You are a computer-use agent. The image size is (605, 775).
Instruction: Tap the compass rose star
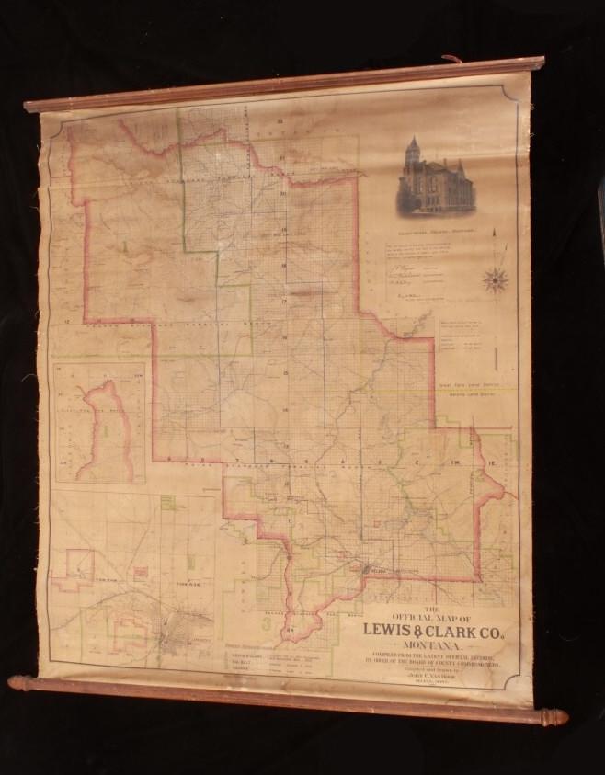click(497, 278)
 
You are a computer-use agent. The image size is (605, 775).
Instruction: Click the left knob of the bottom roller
click(18, 683)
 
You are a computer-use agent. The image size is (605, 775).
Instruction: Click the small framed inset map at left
click(100, 424)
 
